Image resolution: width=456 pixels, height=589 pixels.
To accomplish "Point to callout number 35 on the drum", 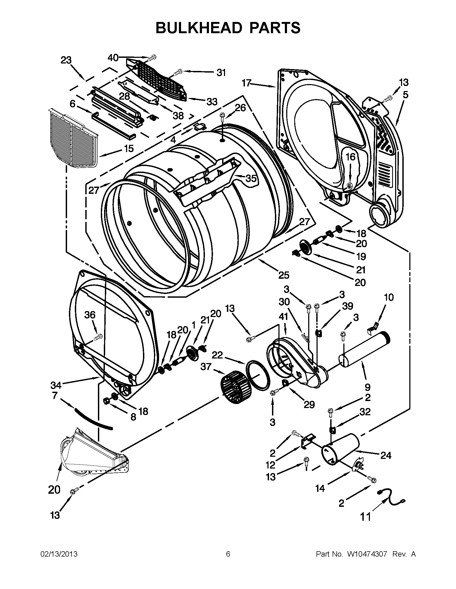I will coord(251,178).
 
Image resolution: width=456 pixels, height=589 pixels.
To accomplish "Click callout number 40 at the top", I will coord(113,58).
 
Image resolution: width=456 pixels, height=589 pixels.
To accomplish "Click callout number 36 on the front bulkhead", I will coord(90,315).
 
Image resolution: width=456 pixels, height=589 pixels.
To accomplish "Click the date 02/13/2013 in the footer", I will coord(59,554).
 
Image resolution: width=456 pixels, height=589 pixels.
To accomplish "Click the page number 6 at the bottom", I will coord(228,554).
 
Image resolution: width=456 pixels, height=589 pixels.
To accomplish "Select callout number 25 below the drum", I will coord(283,275).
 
